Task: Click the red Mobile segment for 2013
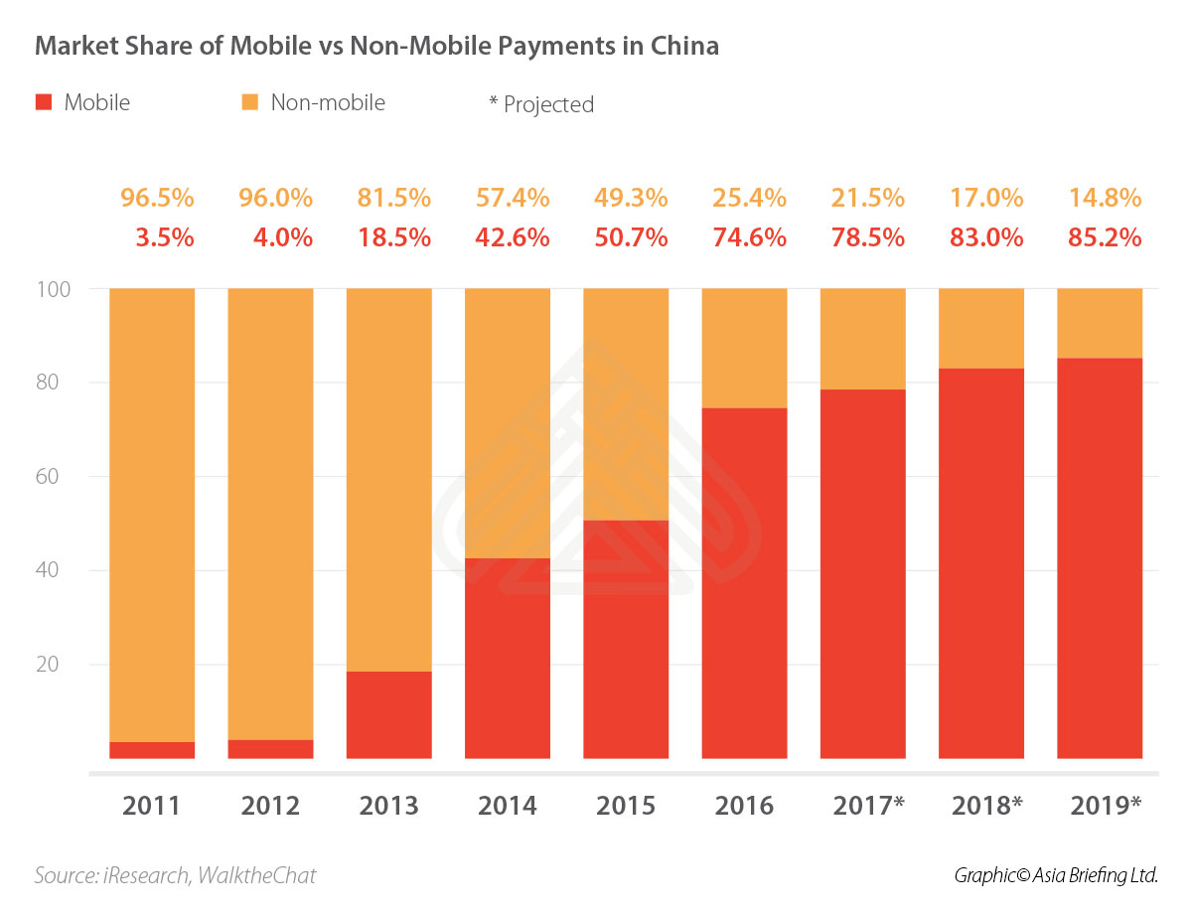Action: coord(388,714)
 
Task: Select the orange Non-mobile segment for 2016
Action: coord(744,348)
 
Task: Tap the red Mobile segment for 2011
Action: coord(152,750)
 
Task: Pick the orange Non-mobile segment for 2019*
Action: coord(1100,323)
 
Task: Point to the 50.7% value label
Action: coord(626,238)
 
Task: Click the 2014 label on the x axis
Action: coord(507,804)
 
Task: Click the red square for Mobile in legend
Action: coord(43,101)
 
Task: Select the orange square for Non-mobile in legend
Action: coord(250,101)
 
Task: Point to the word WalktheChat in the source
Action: coord(256,875)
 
